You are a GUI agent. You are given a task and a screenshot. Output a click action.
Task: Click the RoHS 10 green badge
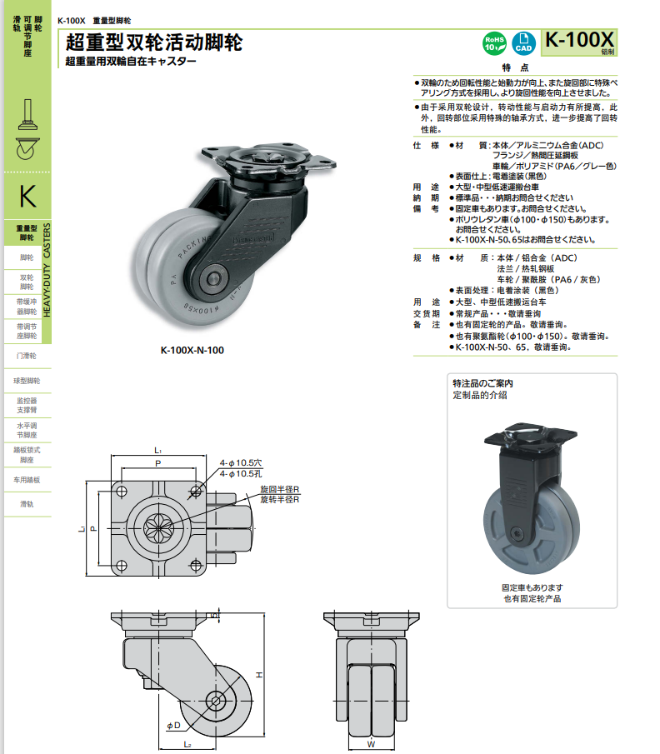tap(493, 43)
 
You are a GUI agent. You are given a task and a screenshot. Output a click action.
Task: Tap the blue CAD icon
tap(524, 43)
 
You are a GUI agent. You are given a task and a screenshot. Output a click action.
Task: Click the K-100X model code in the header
tap(578, 40)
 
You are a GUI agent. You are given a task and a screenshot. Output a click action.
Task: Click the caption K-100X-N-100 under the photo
tap(192, 351)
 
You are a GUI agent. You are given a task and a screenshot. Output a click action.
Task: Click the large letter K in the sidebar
tap(27, 197)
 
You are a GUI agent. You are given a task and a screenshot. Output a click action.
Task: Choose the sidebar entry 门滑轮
tap(27, 356)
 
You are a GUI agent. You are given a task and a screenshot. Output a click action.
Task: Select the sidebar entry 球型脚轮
tap(27, 381)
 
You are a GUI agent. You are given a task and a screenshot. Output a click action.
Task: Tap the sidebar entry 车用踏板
tap(27, 480)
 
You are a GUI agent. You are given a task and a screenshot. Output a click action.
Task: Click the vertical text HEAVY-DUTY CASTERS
tap(47, 271)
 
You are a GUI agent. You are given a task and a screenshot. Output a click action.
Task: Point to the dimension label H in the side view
tap(259, 673)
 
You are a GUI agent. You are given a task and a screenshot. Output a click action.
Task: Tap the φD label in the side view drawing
tap(173, 725)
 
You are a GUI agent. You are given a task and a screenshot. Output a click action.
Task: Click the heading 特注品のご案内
tap(482, 383)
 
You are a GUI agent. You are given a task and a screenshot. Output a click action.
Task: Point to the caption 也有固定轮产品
tap(532, 598)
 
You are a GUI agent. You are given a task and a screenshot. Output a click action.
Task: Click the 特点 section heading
tap(515, 67)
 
